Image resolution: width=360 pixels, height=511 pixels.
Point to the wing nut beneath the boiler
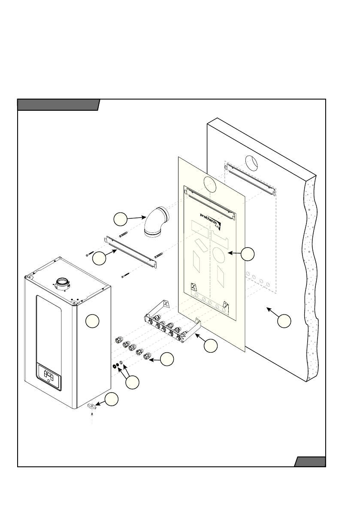tap(93, 406)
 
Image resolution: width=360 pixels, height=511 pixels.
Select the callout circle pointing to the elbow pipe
tap(121, 220)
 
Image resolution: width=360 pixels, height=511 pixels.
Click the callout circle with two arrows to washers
tap(133, 382)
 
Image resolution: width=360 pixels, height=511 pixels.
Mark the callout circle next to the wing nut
tap(112, 399)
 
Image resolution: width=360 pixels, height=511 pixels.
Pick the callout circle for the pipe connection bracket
tap(210, 346)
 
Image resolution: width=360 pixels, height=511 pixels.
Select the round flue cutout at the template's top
tap(210, 184)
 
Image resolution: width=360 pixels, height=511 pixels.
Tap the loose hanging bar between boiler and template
tap(129, 252)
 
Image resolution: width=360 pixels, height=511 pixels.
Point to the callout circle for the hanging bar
tap(100, 258)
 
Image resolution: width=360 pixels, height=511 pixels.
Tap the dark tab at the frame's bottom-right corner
tap(310, 462)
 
